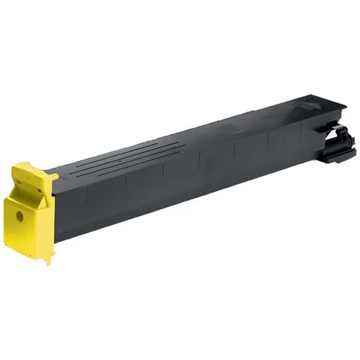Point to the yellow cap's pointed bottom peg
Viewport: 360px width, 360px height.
48,261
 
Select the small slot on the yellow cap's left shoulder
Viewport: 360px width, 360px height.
15,188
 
